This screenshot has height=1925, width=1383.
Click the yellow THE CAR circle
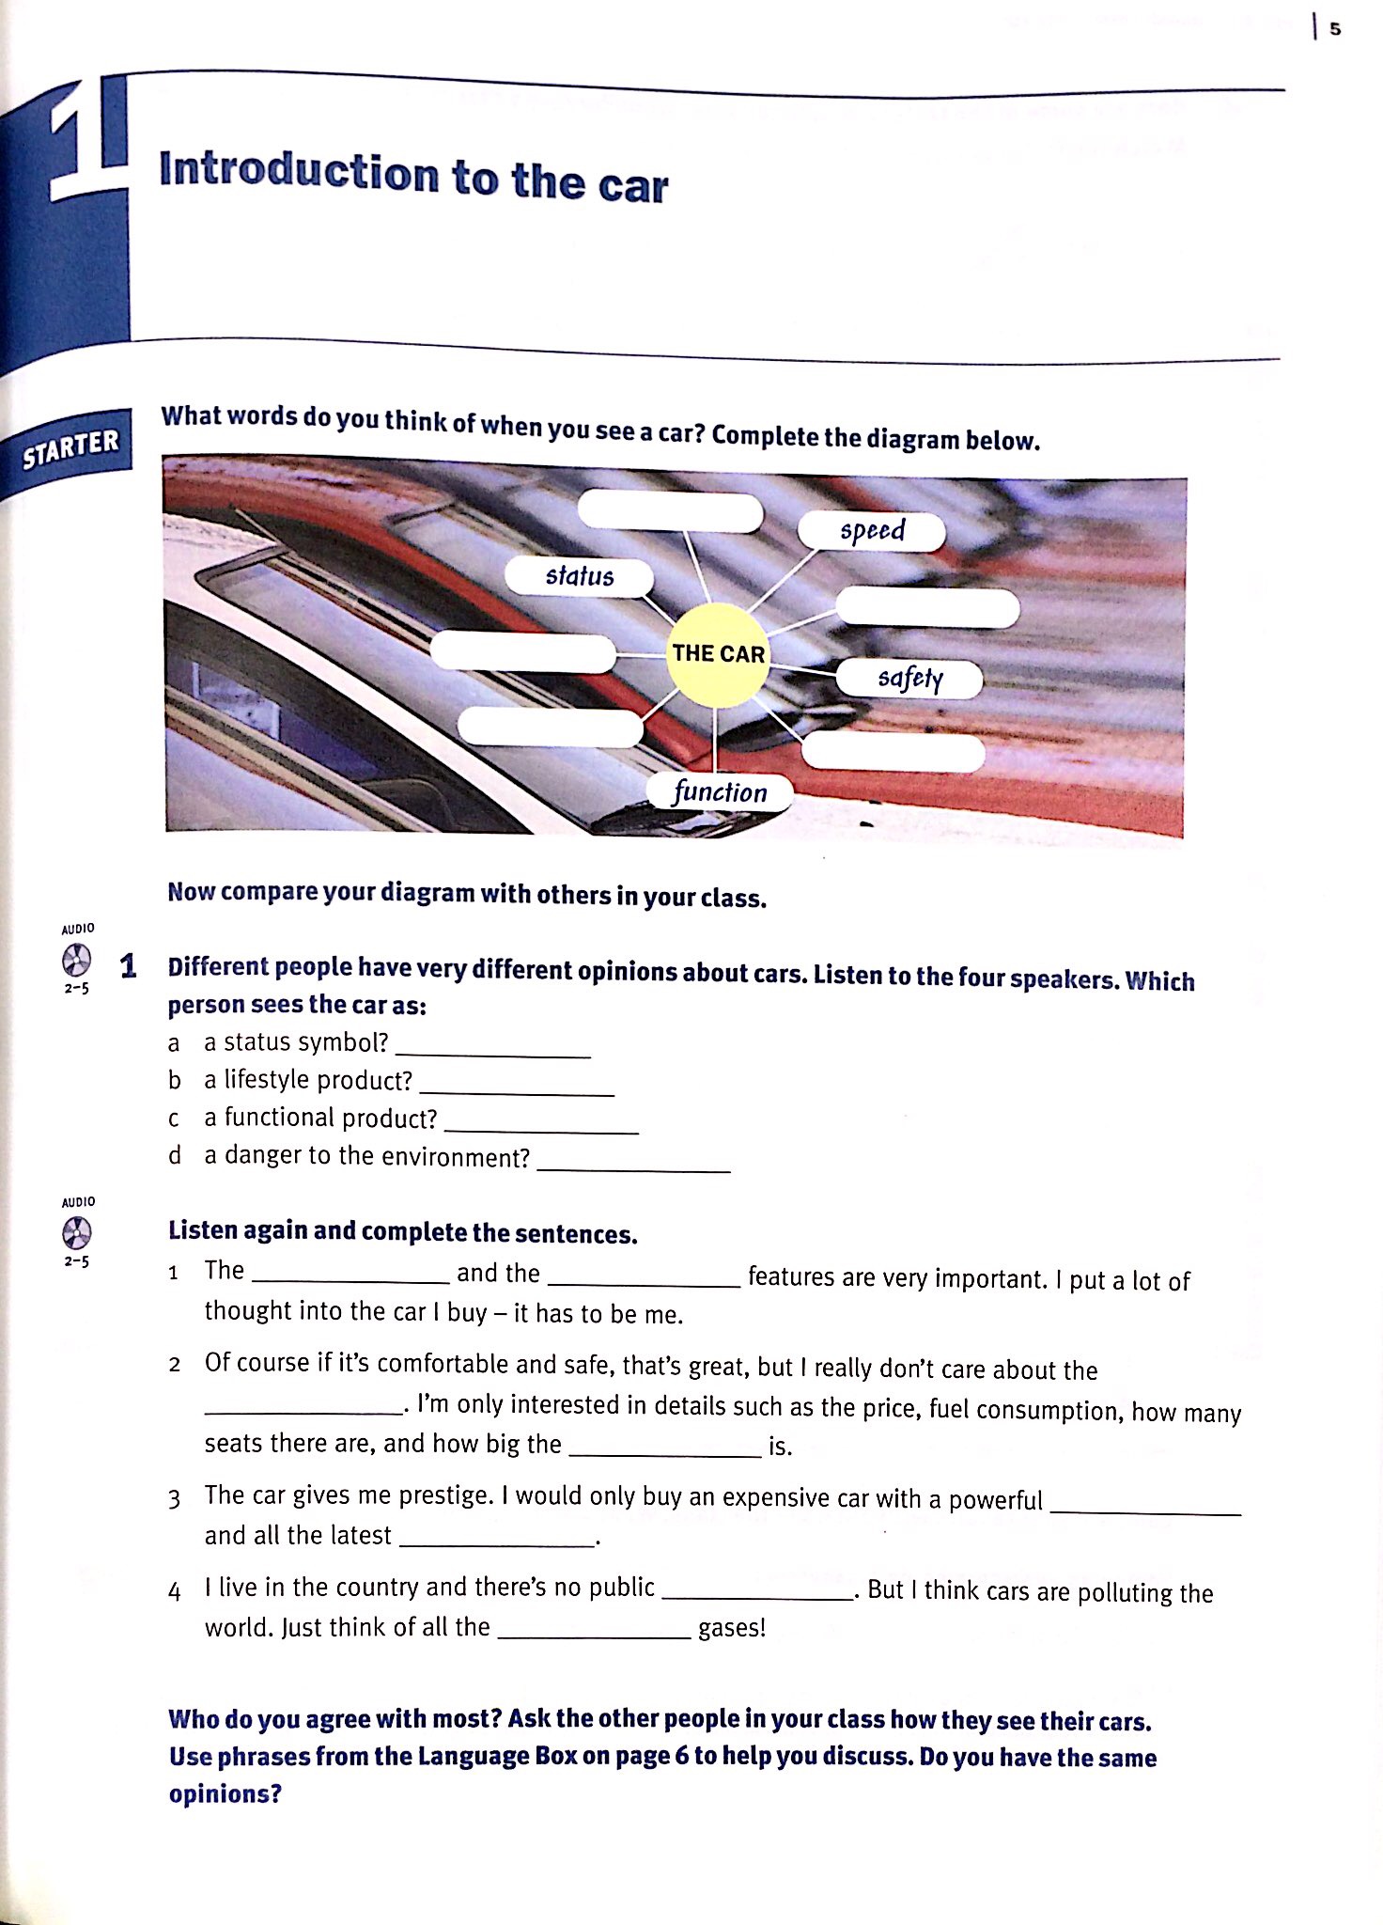pos(718,654)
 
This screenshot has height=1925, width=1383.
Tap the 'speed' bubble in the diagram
pos(871,531)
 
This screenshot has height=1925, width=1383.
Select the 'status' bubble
pos(579,576)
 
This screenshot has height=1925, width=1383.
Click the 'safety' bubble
pos(909,679)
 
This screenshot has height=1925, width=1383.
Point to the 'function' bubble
pos(720,792)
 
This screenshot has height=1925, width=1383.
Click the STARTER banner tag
pos(70,449)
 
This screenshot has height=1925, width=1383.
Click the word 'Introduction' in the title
pos(299,171)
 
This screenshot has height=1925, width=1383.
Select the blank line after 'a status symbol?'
pos(492,1046)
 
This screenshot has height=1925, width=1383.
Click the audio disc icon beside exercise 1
pos(77,961)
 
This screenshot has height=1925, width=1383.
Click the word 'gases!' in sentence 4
pos(732,1628)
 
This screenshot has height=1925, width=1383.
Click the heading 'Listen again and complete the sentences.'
pos(402,1232)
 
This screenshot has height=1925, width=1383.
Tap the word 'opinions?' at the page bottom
pos(225,1793)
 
